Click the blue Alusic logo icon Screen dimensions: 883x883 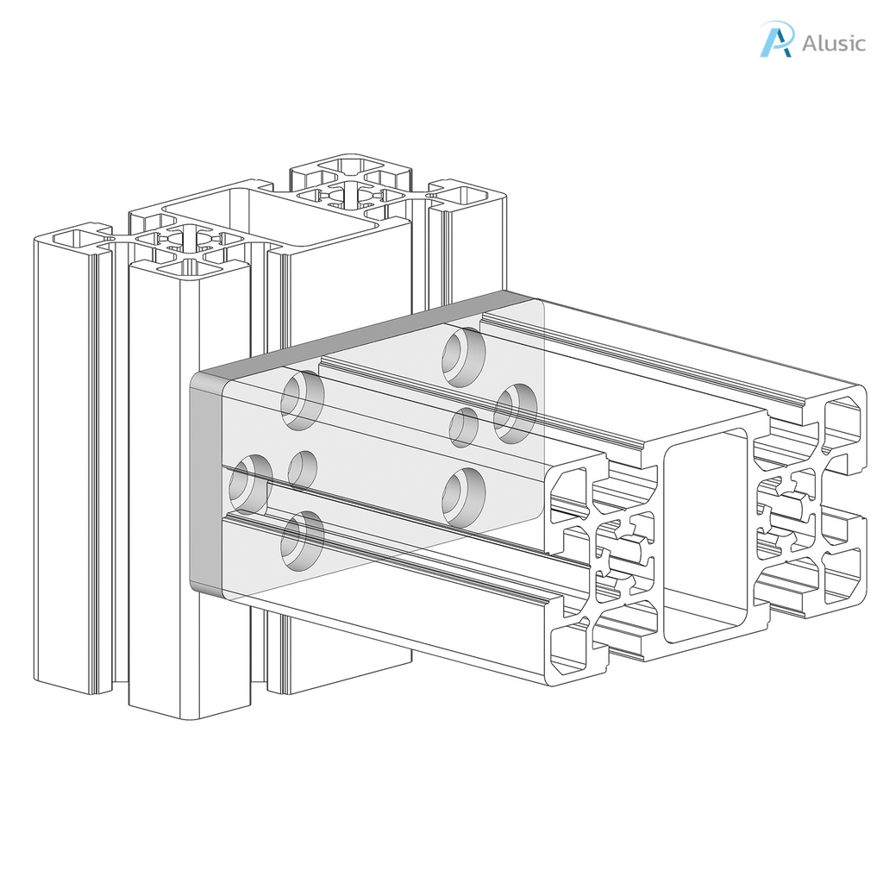[774, 40]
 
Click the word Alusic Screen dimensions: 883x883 [833, 43]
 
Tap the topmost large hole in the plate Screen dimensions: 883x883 [463, 355]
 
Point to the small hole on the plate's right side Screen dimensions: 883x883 [464, 427]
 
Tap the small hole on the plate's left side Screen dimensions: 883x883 [302, 469]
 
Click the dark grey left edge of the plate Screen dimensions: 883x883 [205, 483]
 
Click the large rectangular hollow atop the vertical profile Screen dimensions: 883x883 [271, 210]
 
